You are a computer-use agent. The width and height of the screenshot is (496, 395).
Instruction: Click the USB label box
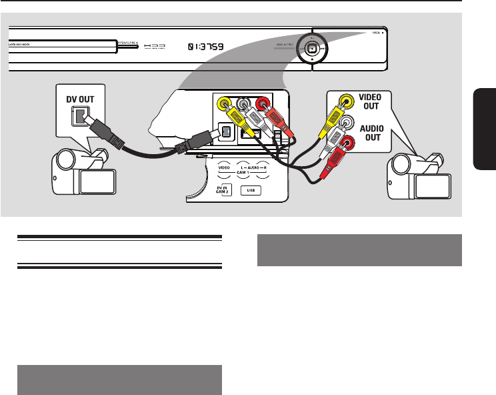251,189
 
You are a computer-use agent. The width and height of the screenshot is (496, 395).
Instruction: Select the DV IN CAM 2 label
223,190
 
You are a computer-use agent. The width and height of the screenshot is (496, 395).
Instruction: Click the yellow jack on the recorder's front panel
225,104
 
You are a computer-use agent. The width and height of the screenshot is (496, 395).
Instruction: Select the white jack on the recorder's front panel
244,104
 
